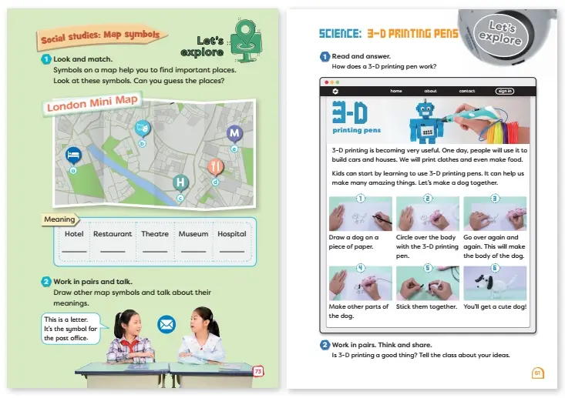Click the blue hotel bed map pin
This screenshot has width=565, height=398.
pyautogui.click(x=73, y=156)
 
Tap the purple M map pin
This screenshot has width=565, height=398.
pyautogui.click(x=234, y=133)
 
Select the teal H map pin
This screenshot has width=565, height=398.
pyautogui.click(x=180, y=182)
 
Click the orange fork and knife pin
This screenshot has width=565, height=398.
pyautogui.click(x=216, y=166)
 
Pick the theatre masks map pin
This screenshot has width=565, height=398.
pyautogui.click(x=143, y=128)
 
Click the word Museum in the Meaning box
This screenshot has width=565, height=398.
pyautogui.click(x=193, y=234)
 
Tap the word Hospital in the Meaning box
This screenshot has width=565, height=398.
pyautogui.click(x=232, y=234)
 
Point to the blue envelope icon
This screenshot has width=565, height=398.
pyautogui.click(x=166, y=325)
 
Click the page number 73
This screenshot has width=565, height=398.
pyautogui.click(x=258, y=371)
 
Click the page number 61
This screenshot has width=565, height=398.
pyautogui.click(x=537, y=373)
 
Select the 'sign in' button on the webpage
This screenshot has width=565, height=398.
pyautogui.click(x=505, y=91)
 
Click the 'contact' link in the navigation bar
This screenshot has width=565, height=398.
pyautogui.click(x=467, y=91)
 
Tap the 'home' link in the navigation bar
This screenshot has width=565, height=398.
pyautogui.click(x=396, y=91)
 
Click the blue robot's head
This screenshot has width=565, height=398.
pyautogui.click(x=426, y=109)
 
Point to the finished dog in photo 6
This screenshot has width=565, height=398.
pyautogui.click(x=493, y=284)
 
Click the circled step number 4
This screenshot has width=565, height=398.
pyautogui.click(x=360, y=268)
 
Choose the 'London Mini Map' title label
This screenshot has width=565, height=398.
pyautogui.click(x=92, y=104)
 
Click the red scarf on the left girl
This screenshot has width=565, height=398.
pyautogui.click(x=130, y=345)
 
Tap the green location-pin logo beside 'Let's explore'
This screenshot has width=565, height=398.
pyautogui.click(x=246, y=40)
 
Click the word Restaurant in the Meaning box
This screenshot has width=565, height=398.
pyautogui.click(x=113, y=234)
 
